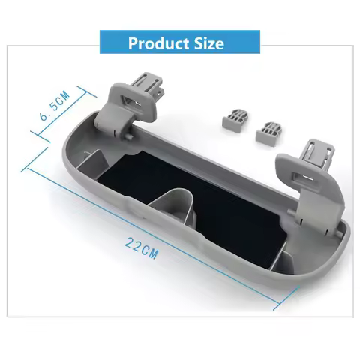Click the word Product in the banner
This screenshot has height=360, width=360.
pos(157,43)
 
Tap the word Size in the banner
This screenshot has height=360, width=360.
pos(207,43)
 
